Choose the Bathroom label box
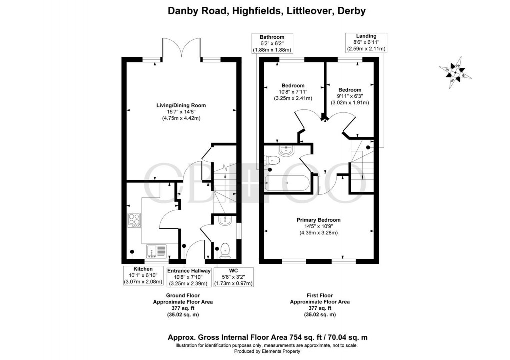tap(272, 43)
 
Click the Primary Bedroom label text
tap(318, 220)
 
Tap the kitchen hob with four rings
tap(135, 220)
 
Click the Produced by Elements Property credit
tap(255, 352)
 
